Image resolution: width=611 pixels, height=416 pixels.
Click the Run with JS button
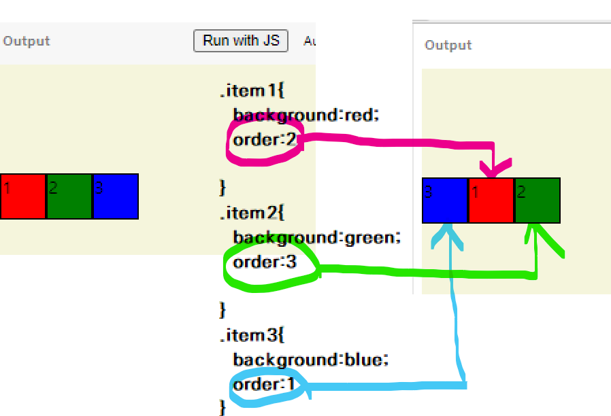click(241, 41)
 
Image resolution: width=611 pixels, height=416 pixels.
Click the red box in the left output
click(23, 196)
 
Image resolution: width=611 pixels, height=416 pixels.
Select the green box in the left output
click(69, 196)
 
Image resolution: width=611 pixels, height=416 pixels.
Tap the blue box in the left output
click(116, 196)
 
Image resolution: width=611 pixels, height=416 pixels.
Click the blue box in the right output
click(445, 201)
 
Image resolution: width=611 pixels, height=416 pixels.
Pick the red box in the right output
click(491, 201)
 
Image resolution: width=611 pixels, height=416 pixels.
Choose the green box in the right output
click(538, 201)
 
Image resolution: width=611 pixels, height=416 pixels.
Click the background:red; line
click(305, 116)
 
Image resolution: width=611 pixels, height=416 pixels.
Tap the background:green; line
click(317, 238)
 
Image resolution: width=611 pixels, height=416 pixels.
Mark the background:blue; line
click(310, 360)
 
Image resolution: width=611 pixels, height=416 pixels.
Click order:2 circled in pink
click(265, 141)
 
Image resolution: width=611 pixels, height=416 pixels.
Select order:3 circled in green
click(265, 262)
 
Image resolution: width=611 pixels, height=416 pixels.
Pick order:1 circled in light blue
click(265, 385)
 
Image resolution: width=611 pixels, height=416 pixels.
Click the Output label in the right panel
click(448, 46)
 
